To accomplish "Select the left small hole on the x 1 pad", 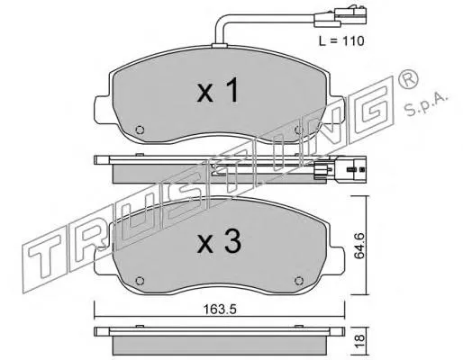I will tap(138, 130).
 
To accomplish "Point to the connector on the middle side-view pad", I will tap(355, 166).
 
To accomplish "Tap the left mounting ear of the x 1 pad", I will tap(102, 91).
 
